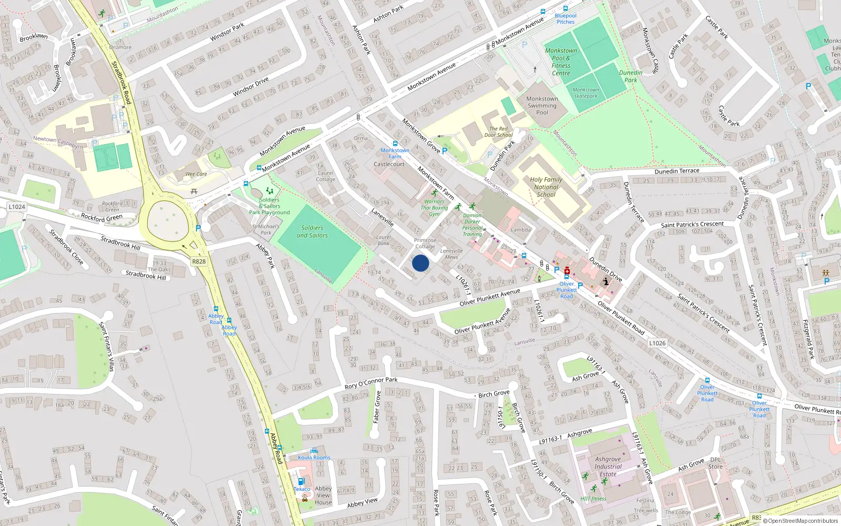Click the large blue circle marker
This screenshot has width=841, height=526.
420,263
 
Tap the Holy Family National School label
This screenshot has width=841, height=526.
546,187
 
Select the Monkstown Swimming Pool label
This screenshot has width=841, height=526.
542,106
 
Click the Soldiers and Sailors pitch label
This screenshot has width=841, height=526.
312,231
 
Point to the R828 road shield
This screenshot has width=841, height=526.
199,261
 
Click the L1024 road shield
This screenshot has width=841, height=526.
17,207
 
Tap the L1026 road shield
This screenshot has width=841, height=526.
657,343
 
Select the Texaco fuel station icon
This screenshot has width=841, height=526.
301,481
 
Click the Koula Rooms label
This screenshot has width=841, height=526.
314,458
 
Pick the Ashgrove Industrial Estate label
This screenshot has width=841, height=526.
608,467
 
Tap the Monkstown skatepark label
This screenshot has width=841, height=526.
586,93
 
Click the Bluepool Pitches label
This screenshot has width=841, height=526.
566,19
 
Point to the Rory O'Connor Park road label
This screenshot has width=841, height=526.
371,383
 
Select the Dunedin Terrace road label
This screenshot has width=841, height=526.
677,171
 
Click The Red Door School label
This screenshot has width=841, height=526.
498,131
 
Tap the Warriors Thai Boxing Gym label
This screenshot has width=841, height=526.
434,207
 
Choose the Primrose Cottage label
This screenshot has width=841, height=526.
425,243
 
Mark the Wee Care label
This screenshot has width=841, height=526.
196,174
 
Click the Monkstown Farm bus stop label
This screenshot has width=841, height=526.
395,153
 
